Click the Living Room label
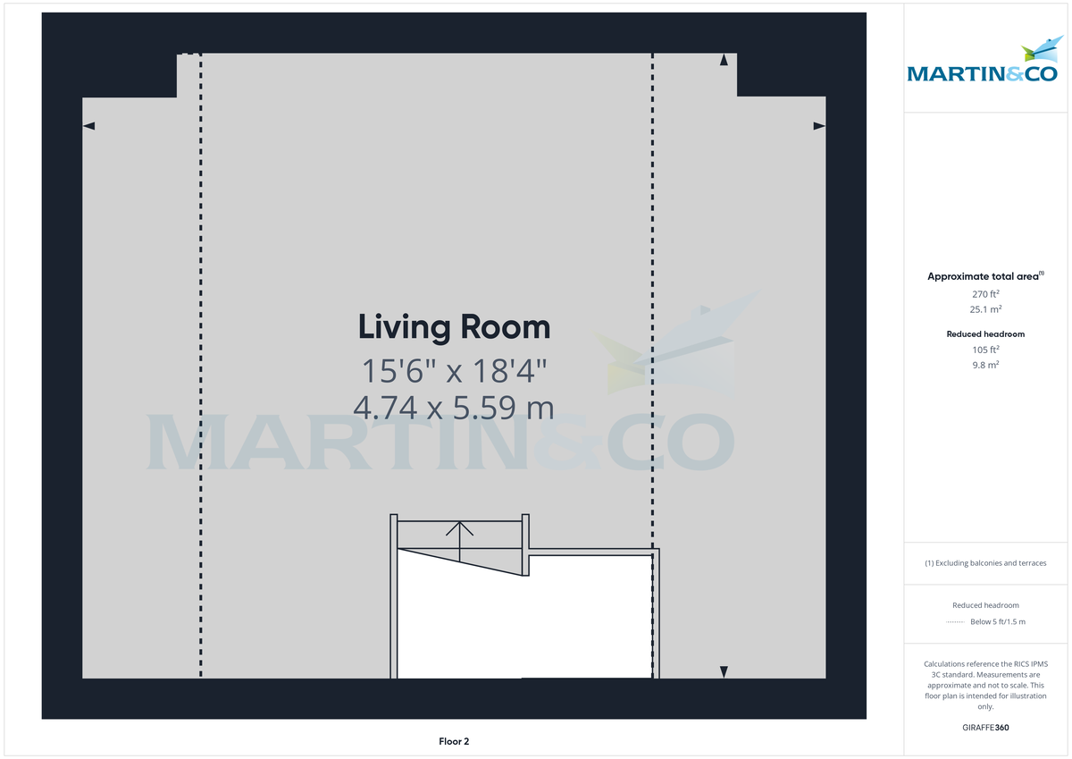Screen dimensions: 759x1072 pos(454,327)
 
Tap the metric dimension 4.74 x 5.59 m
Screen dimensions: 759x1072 pos(454,408)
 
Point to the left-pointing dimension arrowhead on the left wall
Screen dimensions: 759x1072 pos(88,127)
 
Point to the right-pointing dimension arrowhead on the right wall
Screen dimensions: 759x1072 pos(819,127)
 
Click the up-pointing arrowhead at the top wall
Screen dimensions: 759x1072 pos(724,60)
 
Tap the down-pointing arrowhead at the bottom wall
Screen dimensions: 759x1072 pos(724,671)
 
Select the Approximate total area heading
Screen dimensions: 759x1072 pos(984,276)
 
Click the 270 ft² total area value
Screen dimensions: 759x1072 pos(985,294)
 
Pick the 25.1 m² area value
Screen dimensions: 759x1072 pos(985,309)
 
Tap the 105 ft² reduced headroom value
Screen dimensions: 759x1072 pos(985,350)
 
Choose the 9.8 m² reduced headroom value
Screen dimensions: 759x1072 pos(985,365)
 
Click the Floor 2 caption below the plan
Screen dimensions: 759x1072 pos(454,741)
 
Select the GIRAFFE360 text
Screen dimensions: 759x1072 pos(985,728)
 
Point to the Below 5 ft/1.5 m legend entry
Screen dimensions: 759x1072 pos(997,621)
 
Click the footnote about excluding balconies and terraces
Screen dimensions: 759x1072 pos(985,563)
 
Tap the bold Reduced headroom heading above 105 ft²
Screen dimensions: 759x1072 pos(985,334)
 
